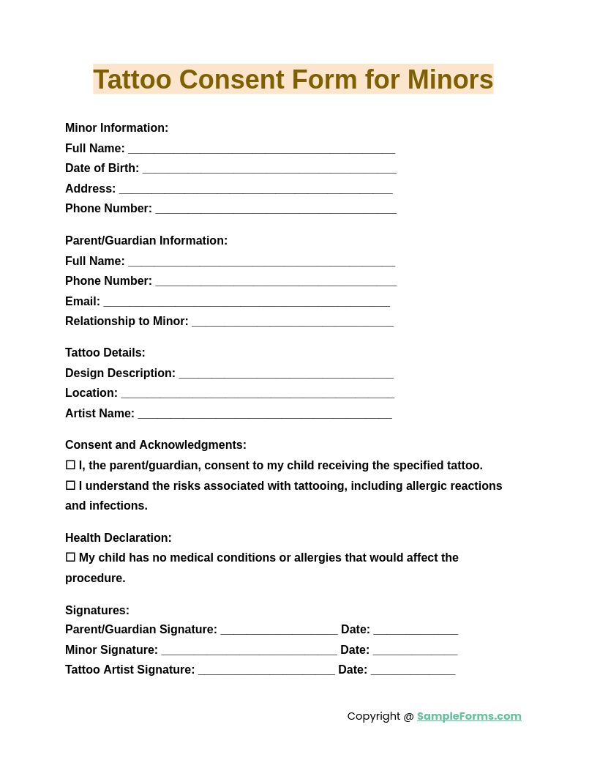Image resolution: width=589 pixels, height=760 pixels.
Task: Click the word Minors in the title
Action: (450, 79)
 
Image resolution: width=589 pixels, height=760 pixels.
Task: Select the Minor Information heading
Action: (116, 128)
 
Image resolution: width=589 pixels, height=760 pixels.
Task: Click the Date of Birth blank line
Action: (269, 169)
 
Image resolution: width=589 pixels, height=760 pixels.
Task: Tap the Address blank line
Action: (255, 190)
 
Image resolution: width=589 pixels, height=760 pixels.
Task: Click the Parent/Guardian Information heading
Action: (146, 241)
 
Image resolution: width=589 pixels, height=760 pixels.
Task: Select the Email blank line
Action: (247, 302)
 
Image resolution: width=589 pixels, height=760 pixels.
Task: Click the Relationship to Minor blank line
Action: (293, 322)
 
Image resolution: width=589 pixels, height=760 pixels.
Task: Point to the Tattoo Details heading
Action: (105, 353)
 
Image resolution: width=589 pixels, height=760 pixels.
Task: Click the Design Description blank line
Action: (286, 374)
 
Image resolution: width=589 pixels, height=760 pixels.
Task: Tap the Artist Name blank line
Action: (265, 414)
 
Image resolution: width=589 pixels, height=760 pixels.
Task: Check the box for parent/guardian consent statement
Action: (70, 465)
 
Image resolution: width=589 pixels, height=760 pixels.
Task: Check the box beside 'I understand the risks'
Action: (70, 485)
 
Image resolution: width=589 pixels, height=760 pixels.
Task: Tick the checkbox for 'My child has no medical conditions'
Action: (70, 557)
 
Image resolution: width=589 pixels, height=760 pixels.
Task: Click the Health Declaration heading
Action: (119, 538)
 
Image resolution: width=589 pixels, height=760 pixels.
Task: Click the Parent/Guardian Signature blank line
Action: (279, 630)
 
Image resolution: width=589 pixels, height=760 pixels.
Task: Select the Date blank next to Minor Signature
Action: (415, 651)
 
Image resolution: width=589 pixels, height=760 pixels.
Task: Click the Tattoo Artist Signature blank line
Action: (266, 671)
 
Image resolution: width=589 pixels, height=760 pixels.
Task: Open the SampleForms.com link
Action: (469, 716)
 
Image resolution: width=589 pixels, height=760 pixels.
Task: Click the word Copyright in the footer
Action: (373, 716)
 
